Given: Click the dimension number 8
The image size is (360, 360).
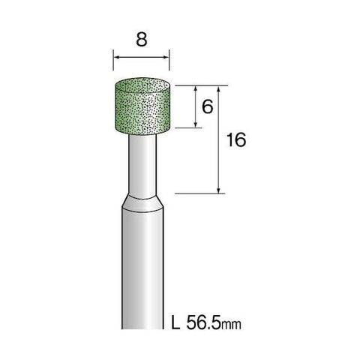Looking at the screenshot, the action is pos(142,39).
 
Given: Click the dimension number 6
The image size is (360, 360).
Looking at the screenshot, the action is pos(208,106).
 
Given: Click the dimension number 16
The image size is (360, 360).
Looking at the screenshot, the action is pos(236,139).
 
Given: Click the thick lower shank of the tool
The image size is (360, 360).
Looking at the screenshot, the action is pos(142,270).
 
